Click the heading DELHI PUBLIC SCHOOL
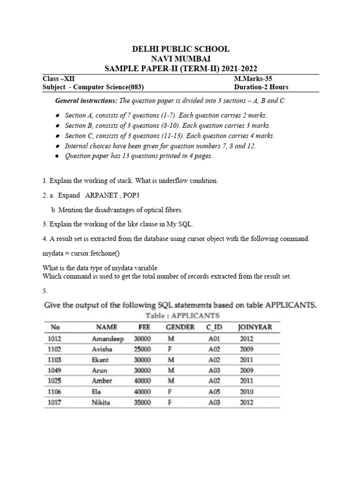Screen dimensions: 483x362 [x=181, y=49]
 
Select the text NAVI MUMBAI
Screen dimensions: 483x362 [x=181, y=59]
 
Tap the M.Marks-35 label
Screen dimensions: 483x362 [x=253, y=79]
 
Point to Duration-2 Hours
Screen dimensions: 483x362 [x=261, y=87]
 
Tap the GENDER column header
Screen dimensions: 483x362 [x=180, y=327]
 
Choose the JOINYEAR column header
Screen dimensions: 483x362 [x=255, y=327]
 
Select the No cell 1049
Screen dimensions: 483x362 [x=55, y=370]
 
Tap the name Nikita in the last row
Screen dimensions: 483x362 [x=101, y=402]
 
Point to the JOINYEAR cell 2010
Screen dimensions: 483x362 [x=246, y=391]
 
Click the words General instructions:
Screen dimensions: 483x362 [x=86, y=101]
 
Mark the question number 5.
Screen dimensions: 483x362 [x=45, y=291]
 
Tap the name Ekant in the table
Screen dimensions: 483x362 [x=100, y=359]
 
